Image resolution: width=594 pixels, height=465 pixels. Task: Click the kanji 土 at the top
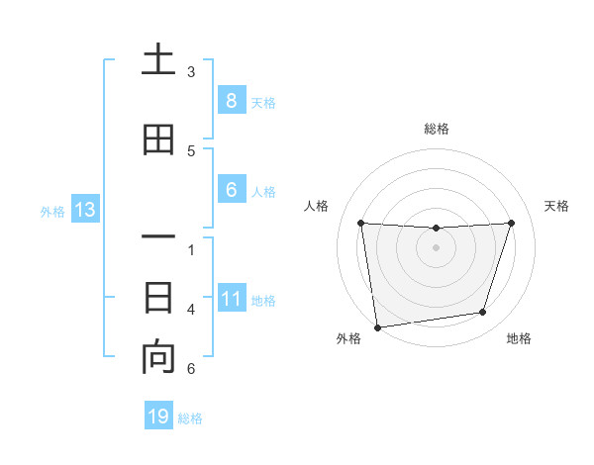click(158, 61)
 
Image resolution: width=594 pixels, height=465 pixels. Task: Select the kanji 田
click(158, 140)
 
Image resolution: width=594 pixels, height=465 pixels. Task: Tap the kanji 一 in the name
click(158, 237)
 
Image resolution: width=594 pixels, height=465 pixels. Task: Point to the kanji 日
click(158, 297)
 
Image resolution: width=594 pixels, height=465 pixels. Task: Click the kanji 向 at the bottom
click(158, 358)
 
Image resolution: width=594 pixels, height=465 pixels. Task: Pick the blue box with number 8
click(231, 101)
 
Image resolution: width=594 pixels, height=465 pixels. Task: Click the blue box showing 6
click(231, 190)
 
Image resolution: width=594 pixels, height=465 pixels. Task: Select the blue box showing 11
click(231, 299)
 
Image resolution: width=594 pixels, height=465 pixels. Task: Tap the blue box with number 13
click(84, 210)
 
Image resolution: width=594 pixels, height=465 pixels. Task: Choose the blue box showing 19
click(158, 417)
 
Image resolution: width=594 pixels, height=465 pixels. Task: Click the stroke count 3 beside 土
click(191, 72)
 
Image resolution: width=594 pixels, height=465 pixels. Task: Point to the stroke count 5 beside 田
click(191, 151)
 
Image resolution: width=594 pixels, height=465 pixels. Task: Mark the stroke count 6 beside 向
click(191, 369)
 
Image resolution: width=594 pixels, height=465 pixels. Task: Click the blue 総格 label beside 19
click(190, 418)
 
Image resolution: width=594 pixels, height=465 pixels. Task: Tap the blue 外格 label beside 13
click(52, 211)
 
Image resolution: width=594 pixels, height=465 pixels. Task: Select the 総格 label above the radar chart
click(437, 129)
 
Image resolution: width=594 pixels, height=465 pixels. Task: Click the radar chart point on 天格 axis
click(511, 223)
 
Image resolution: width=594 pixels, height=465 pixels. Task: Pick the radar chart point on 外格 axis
click(377, 326)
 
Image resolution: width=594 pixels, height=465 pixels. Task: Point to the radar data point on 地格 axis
click(483, 313)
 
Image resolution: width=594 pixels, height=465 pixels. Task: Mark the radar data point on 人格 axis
click(360, 223)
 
